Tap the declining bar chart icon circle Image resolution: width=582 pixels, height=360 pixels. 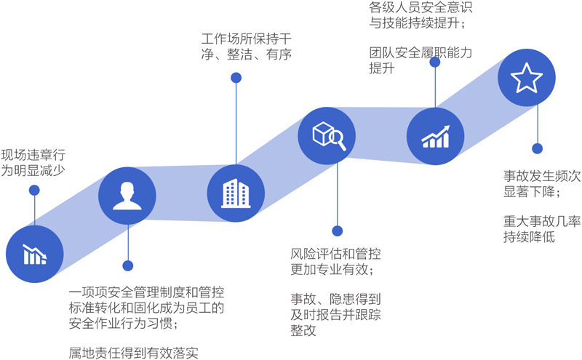coord(34,254)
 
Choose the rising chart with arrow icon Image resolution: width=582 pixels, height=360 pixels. coord(435,135)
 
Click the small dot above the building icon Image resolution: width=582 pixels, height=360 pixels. coord(236,77)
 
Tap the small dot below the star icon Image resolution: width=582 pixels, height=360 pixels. coord(537,148)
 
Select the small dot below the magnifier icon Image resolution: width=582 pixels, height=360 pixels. coord(336,231)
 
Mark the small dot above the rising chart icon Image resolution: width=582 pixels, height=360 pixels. coord(435,62)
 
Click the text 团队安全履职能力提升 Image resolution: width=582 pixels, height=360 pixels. coord(420,60)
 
